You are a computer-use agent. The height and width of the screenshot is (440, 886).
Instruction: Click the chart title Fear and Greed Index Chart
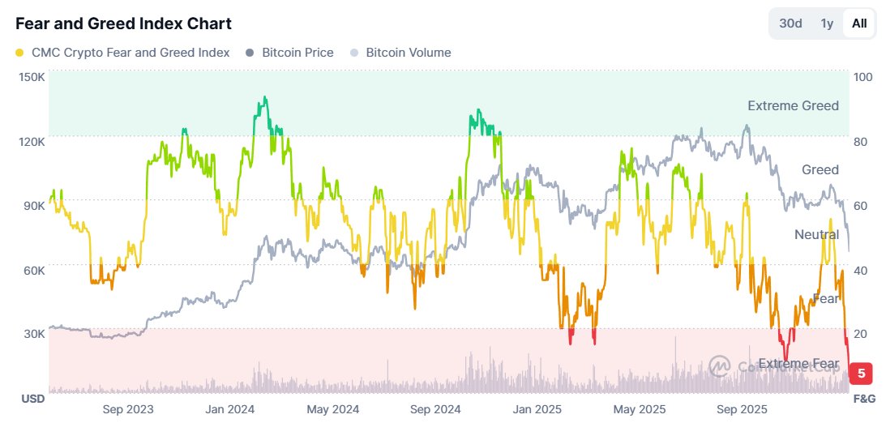[123, 23]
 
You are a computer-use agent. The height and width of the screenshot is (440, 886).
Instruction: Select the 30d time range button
[790, 23]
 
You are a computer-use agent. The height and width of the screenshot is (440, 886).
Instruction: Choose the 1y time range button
[827, 23]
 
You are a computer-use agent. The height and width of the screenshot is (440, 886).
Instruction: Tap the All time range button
[859, 23]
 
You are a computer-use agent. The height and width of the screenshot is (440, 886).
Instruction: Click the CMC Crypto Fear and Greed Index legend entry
[122, 53]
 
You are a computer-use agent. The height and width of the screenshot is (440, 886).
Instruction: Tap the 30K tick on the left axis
[33, 334]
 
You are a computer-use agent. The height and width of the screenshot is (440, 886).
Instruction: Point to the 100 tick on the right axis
[862, 76]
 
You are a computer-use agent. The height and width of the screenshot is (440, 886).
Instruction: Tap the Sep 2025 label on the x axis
[742, 409]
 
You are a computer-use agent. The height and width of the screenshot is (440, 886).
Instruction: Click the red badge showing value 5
[861, 374]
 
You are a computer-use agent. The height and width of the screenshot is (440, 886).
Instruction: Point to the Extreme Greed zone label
[793, 105]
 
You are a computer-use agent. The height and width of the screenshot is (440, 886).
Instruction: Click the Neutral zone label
[816, 234]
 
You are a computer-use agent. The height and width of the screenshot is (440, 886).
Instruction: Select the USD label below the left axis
[32, 399]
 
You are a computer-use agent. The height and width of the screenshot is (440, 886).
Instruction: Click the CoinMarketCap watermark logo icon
[719, 366]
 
